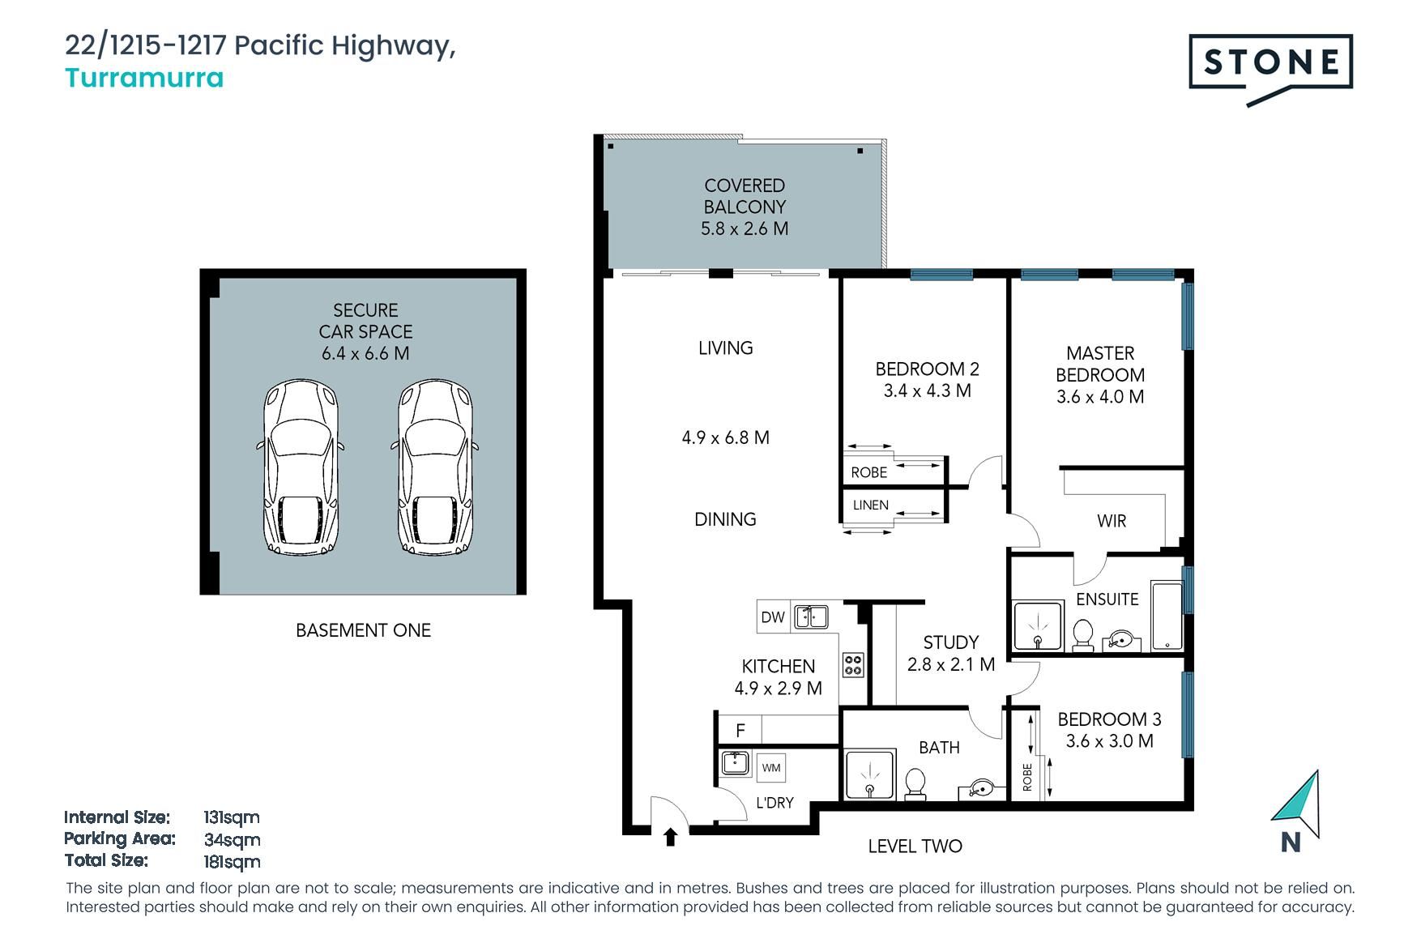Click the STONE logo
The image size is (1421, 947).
pyautogui.click(x=1270, y=68)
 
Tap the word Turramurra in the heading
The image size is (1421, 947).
pyautogui.click(x=144, y=78)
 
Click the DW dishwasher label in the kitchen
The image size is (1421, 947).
pyautogui.click(x=773, y=617)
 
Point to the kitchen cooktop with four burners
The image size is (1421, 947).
pyautogui.click(x=853, y=665)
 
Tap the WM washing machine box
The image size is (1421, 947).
pyautogui.click(x=771, y=767)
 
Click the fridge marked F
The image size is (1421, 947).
pyautogui.click(x=740, y=730)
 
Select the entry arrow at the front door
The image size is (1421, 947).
pyautogui.click(x=670, y=837)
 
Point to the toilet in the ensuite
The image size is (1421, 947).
pyautogui.click(x=1082, y=635)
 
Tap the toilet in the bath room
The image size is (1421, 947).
pyautogui.click(x=915, y=784)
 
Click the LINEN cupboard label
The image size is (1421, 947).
pyautogui.click(x=871, y=505)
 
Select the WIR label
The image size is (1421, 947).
pyautogui.click(x=1112, y=521)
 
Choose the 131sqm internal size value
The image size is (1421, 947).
pyautogui.click(x=232, y=817)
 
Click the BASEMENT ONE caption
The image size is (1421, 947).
pyautogui.click(x=363, y=630)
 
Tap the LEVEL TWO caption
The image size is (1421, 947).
pyautogui.click(x=915, y=847)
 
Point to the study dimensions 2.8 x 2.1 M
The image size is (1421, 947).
pyautogui.click(x=951, y=664)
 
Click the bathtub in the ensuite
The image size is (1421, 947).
pyautogui.click(x=1167, y=616)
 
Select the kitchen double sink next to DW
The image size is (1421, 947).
pyautogui.click(x=811, y=616)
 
